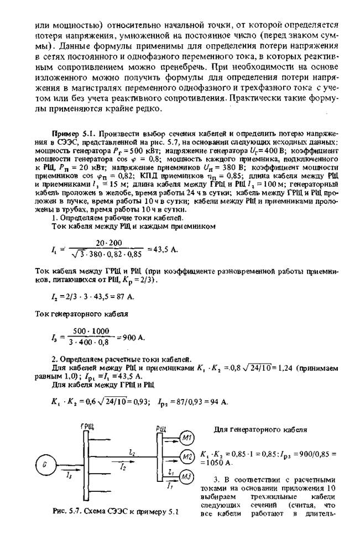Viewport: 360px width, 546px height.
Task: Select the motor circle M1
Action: coord(186,439)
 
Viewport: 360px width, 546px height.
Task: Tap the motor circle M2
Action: coord(186,458)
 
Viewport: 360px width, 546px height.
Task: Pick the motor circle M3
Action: coord(186,477)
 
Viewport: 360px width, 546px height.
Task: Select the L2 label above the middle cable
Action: coord(132,452)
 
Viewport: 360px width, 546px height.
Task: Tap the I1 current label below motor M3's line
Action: coord(170,485)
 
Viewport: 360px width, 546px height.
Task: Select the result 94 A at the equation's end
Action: coord(217,401)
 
